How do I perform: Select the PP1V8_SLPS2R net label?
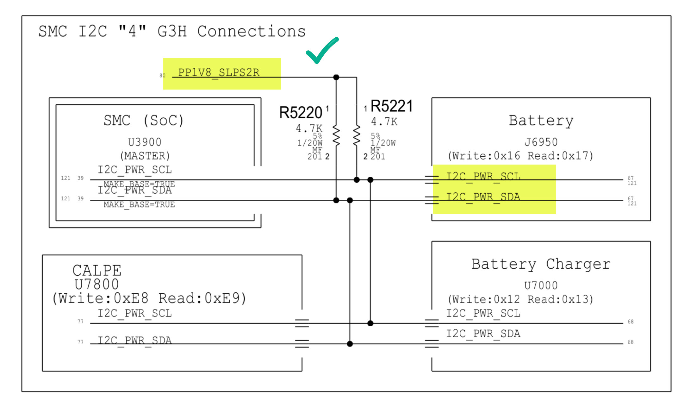point(219,73)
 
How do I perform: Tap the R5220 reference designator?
point(300,113)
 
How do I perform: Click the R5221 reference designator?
point(392,106)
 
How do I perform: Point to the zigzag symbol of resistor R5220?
point(336,135)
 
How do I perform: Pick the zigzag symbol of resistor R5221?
point(357,135)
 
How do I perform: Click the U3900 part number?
point(145,142)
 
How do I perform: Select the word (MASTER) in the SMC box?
point(145,156)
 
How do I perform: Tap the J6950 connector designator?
point(541,142)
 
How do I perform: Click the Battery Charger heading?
point(541,264)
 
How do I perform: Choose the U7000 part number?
point(541,286)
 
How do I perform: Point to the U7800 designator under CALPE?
point(97,285)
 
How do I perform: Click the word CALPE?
point(97,271)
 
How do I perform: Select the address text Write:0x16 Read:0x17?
point(520,156)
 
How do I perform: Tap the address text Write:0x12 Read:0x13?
point(520,299)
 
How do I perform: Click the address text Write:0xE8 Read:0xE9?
point(149,298)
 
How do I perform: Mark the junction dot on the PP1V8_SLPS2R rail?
point(336,77)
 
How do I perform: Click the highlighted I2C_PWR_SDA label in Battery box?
point(483,197)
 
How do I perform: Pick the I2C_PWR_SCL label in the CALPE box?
point(135,314)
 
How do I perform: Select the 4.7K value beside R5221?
point(384,122)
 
